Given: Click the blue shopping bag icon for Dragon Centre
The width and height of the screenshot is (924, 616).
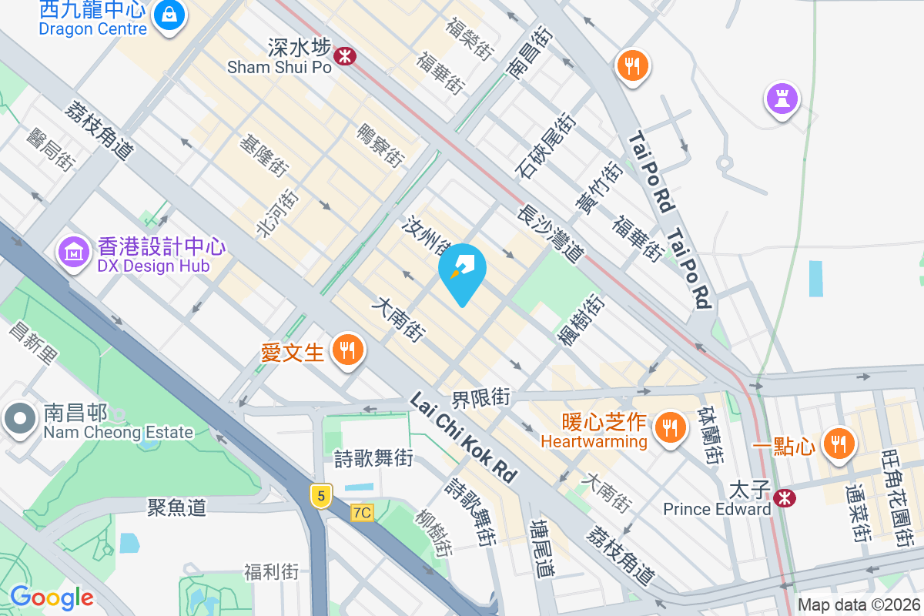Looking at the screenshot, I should pyautogui.click(x=169, y=15).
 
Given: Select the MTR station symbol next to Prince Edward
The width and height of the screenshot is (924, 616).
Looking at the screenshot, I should pyautogui.click(x=785, y=498).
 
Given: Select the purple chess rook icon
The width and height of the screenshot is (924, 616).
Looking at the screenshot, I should pyautogui.click(x=782, y=99).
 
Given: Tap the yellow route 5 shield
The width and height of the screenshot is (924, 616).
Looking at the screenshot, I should pyautogui.click(x=321, y=495).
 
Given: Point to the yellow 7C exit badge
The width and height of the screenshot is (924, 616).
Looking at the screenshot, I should pyautogui.click(x=362, y=512).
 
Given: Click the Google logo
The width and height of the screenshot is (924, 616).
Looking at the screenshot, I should pyautogui.click(x=52, y=597).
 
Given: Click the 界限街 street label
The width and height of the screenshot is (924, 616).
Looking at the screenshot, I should pyautogui.click(x=480, y=397).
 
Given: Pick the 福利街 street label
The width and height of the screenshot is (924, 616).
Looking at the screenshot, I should pyautogui.click(x=271, y=571).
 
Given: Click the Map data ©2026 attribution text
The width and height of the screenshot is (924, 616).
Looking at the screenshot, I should pyautogui.click(x=859, y=604).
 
